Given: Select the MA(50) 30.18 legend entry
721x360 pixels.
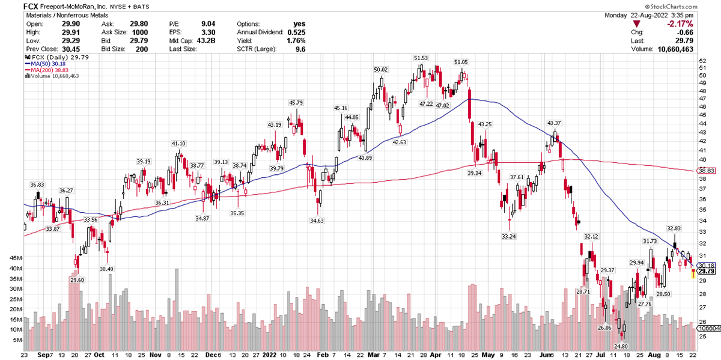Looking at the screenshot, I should click(45, 63).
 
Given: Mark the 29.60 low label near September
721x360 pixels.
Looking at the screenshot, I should click(78, 280).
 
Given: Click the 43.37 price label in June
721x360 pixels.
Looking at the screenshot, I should click(553, 123).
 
